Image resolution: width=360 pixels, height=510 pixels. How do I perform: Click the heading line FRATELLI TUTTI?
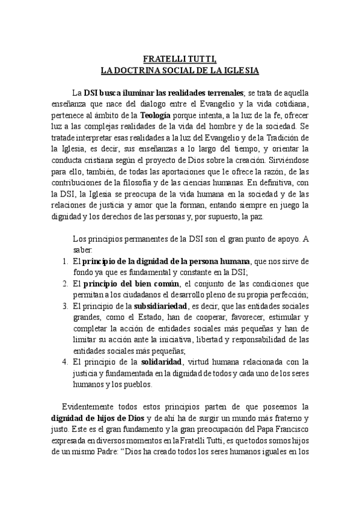coord(180,59)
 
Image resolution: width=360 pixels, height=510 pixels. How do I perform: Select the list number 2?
coord(66,283)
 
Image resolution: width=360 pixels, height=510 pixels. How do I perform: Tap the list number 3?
coord(66,306)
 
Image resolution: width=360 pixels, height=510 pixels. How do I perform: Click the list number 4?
coord(66,362)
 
